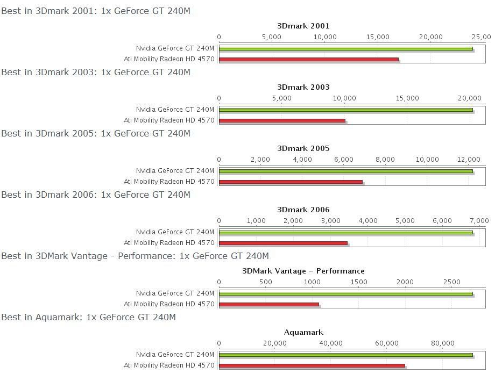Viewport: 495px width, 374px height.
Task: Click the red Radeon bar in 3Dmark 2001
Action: point(309,60)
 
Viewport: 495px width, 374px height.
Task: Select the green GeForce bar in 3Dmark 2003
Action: point(345,110)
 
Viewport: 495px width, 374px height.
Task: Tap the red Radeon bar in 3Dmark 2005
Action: point(291,182)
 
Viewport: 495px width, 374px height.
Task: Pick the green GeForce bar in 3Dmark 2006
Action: point(345,232)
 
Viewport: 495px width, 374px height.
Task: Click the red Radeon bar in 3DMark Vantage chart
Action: point(269,305)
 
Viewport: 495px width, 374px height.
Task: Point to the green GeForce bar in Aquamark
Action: point(345,355)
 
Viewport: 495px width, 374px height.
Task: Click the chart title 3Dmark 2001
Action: point(303,26)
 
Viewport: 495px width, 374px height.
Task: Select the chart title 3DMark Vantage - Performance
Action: point(303,271)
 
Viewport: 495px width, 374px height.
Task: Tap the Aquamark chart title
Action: point(303,332)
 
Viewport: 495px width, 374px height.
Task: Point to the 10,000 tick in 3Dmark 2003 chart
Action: point(344,98)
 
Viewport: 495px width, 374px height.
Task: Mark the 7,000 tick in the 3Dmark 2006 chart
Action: point(479,221)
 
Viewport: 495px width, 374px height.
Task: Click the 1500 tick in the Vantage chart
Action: point(359,282)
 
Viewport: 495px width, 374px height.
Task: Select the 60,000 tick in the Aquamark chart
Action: point(387,343)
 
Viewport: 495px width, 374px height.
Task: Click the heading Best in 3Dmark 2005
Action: point(96,133)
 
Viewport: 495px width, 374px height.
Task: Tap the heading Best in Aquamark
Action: point(88,317)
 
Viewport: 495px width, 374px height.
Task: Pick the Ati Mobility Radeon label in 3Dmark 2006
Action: point(169,243)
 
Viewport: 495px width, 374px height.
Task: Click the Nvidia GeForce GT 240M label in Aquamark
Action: point(175,355)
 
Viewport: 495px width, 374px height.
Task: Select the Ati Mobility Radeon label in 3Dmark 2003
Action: point(169,120)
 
